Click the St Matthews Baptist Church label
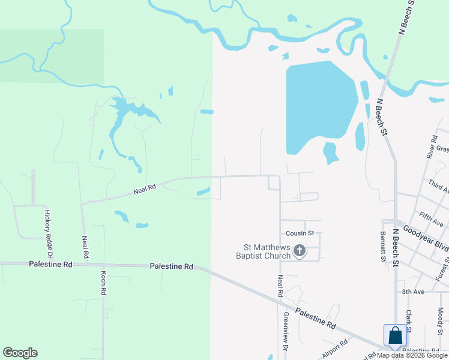pyautogui.click(x=267, y=251)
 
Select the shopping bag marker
pyautogui.click(x=396, y=336)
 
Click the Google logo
pyautogui.click(x=20, y=353)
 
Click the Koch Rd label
pyautogui.click(x=103, y=283)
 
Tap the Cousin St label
pyautogui.click(x=300, y=233)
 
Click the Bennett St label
pyautogui.click(x=382, y=247)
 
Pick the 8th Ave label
pyautogui.click(x=413, y=292)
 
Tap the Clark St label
pyautogui.click(x=408, y=321)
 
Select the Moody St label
pyautogui.click(x=441, y=321)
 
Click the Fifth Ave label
pyautogui.click(x=431, y=219)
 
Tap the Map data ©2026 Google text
pyautogui.click(x=412, y=355)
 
